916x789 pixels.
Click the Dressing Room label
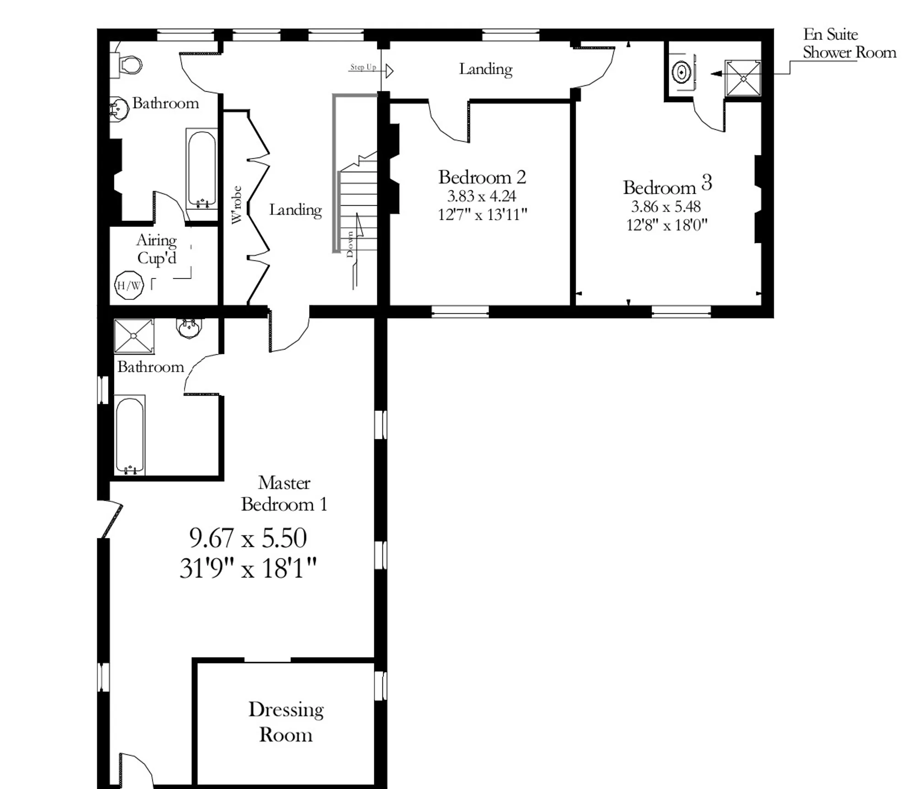click(286, 722)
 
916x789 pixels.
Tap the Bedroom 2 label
click(482, 177)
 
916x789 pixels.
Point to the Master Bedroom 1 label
click(284, 493)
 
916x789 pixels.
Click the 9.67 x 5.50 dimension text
click(248, 538)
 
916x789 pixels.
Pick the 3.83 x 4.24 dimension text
click(482, 196)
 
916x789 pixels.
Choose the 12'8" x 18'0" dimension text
click(667, 225)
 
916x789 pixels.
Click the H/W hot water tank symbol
click(129, 285)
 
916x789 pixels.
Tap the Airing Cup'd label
click(157, 249)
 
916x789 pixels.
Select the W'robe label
click(236, 205)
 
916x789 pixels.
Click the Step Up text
click(363, 67)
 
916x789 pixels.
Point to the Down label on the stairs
click(350, 244)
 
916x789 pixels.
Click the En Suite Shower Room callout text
click(850, 43)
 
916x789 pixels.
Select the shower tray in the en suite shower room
click(743, 78)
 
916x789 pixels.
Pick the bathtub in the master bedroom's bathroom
click(130, 435)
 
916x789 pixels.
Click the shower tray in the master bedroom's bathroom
click(134, 336)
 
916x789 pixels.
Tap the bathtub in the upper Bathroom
click(202, 169)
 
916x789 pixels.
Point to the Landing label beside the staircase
click(295, 210)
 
